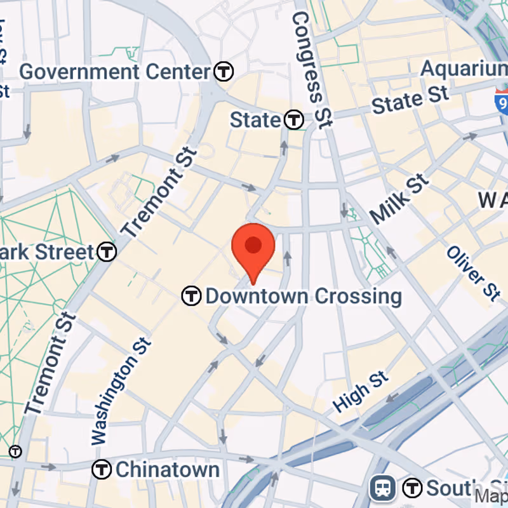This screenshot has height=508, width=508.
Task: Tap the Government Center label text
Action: [x=115, y=72]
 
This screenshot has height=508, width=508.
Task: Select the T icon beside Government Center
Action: [x=224, y=72]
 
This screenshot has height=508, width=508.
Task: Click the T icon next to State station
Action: [x=293, y=119]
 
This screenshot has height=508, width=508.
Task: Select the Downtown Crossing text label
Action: [x=304, y=296]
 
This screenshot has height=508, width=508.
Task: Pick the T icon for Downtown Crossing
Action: [x=191, y=296]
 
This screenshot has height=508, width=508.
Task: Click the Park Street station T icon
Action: [x=107, y=252]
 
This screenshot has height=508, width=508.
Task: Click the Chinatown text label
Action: [x=168, y=470]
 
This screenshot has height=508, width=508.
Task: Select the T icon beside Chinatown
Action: [x=102, y=470]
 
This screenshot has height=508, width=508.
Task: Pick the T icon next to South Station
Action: [x=413, y=488]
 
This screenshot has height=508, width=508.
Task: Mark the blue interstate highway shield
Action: [x=502, y=100]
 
